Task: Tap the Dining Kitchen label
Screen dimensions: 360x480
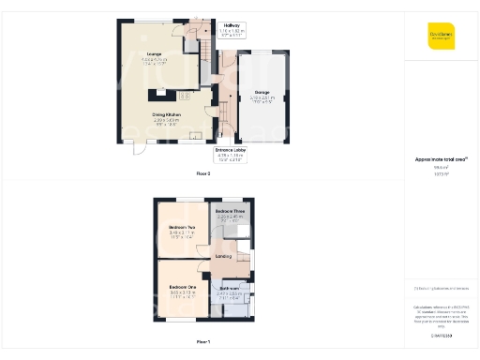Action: [x=167, y=114]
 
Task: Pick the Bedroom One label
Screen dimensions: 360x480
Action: [x=183, y=286]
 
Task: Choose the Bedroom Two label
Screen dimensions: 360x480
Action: [x=183, y=227]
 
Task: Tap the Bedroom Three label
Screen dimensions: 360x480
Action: [x=230, y=212]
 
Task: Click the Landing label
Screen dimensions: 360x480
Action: [x=223, y=256]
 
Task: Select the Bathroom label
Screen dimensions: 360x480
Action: [x=229, y=289]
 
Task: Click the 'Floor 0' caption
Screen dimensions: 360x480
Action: [x=202, y=174]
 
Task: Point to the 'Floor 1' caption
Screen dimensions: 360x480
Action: [x=202, y=341]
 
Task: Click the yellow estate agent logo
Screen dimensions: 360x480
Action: [x=442, y=35]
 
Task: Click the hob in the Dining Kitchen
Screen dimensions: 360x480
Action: [x=184, y=96]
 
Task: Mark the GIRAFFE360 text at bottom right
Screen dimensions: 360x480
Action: [x=441, y=335]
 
